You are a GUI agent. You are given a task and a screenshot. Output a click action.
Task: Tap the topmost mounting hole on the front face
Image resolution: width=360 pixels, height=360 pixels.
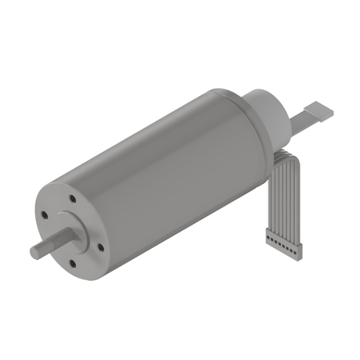[x=71, y=199]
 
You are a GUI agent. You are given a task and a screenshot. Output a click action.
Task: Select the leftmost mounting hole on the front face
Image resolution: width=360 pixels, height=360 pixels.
[x=45, y=214]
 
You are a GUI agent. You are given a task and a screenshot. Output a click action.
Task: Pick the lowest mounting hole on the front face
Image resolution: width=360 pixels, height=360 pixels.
[x=73, y=264]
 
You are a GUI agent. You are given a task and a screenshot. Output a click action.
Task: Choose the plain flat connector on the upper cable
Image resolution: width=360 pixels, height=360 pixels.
[x=319, y=110]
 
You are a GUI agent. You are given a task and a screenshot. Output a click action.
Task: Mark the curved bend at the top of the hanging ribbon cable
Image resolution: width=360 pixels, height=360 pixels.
[x=284, y=153]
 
